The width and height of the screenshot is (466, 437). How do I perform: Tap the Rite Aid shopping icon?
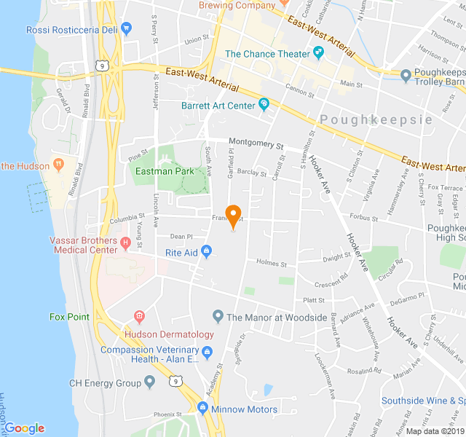[207, 253]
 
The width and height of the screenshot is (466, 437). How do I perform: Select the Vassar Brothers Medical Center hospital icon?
[125, 242]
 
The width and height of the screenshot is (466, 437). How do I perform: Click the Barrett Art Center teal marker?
[264, 106]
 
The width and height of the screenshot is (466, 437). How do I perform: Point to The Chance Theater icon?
[318, 53]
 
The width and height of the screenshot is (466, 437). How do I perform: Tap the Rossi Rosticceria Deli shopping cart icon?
[127, 29]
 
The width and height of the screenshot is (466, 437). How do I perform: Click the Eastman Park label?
[165, 171]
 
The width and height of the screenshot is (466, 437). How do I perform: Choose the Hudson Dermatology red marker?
[139, 316]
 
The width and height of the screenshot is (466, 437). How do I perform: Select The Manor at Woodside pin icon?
[217, 317]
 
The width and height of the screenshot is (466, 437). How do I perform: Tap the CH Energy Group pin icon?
[150, 382]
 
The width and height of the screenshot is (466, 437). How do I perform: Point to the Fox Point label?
[69, 317]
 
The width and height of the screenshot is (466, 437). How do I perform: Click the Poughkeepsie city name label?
[376, 119]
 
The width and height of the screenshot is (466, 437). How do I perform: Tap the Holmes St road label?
[272, 264]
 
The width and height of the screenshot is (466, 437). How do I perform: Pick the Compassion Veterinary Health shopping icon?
[208, 354]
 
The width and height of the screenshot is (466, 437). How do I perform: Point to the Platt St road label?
[314, 300]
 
